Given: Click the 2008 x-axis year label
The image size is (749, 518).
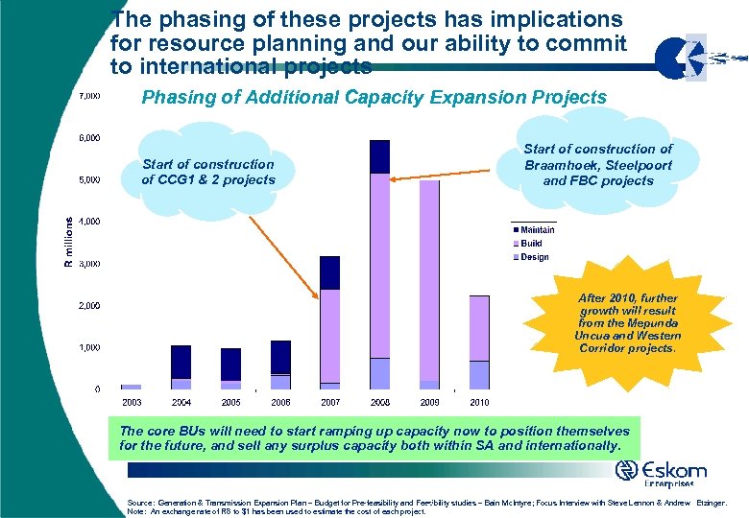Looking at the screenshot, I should tap(379, 401).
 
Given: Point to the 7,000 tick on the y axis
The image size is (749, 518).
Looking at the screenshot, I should tap(89, 96).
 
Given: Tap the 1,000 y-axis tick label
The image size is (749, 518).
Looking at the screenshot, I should tap(89, 347).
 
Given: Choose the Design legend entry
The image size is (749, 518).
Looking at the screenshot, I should tap(535, 257).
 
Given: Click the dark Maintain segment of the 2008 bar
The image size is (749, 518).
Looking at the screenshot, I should tap(379, 156).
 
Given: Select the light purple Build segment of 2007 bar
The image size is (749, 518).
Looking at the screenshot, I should tap(329, 336).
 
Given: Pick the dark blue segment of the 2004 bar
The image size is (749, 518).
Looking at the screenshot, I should tap(181, 362).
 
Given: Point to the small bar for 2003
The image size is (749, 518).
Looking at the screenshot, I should tap(132, 387).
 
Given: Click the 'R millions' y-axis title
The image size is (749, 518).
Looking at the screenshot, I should tap(67, 241).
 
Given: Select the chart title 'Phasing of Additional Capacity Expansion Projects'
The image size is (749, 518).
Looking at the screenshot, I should tap(374, 97).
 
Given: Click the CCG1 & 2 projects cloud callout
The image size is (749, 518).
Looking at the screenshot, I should tap(207, 172).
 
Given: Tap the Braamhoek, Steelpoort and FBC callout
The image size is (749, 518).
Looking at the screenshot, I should tap(597, 164).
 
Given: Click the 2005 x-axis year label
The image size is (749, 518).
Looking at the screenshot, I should tap(230, 401).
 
